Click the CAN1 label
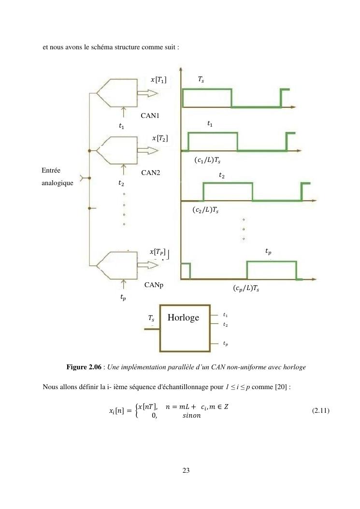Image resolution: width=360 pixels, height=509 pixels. [150, 116]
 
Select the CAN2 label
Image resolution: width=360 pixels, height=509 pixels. [150, 173]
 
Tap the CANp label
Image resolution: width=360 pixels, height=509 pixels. [154, 285]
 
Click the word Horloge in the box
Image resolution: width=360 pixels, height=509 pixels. [183, 317]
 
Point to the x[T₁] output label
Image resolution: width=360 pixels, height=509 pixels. [159, 80]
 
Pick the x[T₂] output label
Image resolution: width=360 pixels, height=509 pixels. [160, 138]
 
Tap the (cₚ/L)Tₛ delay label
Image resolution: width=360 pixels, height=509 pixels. [246, 289]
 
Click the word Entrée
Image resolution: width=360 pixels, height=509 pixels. [51, 170]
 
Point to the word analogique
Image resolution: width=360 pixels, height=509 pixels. [58, 183]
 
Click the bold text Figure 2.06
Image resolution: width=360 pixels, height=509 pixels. [84, 367]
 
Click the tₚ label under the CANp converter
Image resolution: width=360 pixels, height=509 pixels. [123, 298]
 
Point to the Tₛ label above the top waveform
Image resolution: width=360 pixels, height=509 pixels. [201, 79]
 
